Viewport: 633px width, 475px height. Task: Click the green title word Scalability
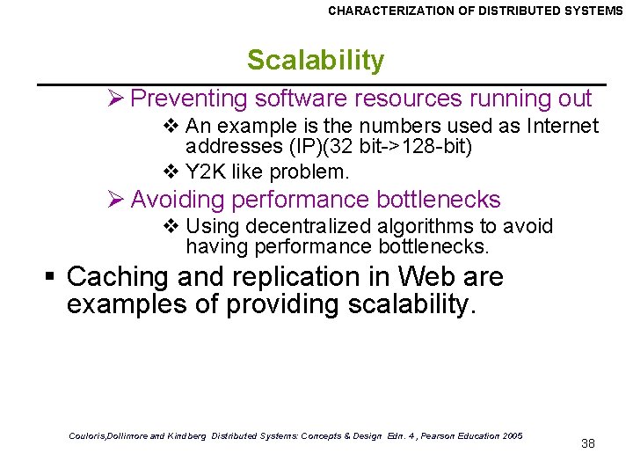316,61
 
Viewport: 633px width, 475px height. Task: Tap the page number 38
588,443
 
